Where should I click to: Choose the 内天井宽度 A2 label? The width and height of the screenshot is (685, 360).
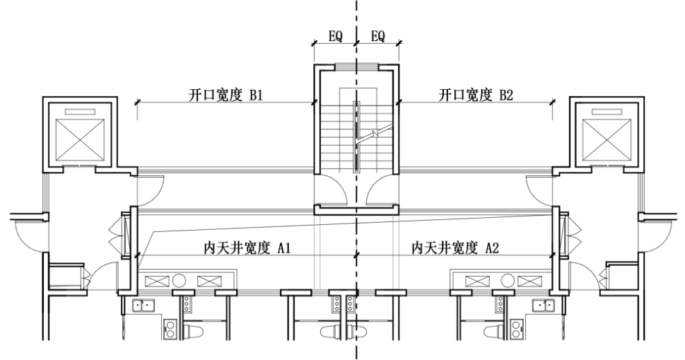(452, 248)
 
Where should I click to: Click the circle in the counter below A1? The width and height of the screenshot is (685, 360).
(180, 281)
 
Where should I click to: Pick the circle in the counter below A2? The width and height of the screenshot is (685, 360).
(507, 281)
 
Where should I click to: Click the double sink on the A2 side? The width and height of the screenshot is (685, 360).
(544, 306)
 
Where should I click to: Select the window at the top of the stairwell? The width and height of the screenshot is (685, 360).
(356, 66)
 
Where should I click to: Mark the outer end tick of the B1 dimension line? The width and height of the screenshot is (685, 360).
(137, 103)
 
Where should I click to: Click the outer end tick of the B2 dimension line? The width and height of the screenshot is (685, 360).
(553, 103)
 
